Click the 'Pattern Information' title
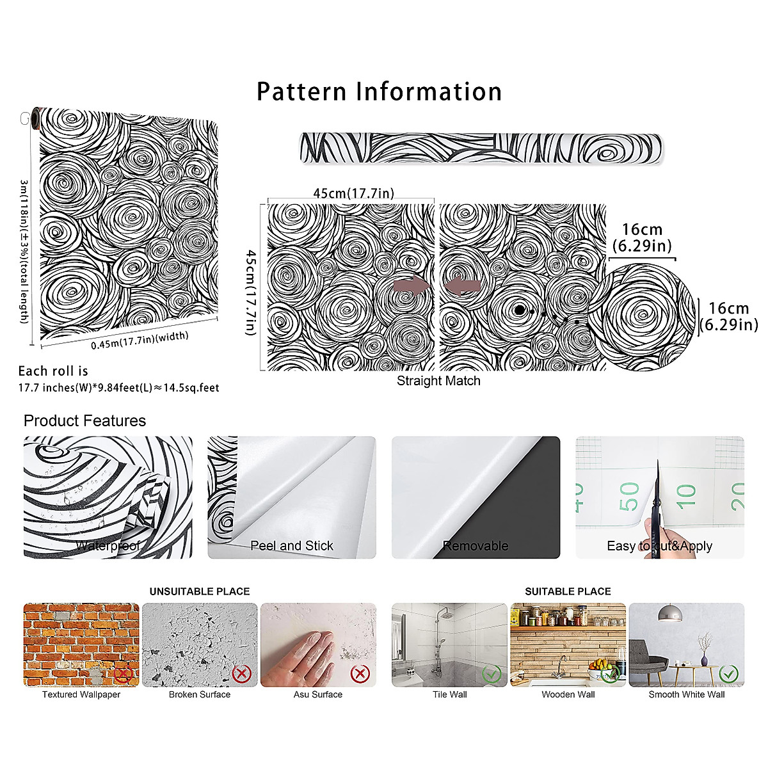pyautogui.click(x=379, y=92)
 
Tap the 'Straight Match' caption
pyautogui.click(x=438, y=381)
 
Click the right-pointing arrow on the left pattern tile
pyautogui.click(x=409, y=286)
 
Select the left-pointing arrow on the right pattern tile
pyautogui.click(x=462, y=286)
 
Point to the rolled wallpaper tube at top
pyautogui.click(x=481, y=148)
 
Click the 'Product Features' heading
pyautogui.click(x=84, y=420)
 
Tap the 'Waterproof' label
pyautogui.click(x=108, y=546)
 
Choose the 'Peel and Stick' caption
pyautogui.click(x=291, y=546)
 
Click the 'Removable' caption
pyautogui.click(x=476, y=546)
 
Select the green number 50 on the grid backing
pyautogui.click(x=628, y=496)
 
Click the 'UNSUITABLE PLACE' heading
pyautogui.click(x=200, y=591)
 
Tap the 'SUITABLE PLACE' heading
pyautogui.click(x=568, y=591)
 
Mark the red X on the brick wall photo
pyautogui.click(x=123, y=673)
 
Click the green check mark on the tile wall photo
pyautogui.click(x=492, y=673)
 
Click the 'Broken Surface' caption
pyautogui.click(x=200, y=694)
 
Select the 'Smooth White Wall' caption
pyautogui.click(x=686, y=694)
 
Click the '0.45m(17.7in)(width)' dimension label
pyautogui.click(x=140, y=340)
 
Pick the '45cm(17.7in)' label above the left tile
pyautogui.click(x=353, y=193)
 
